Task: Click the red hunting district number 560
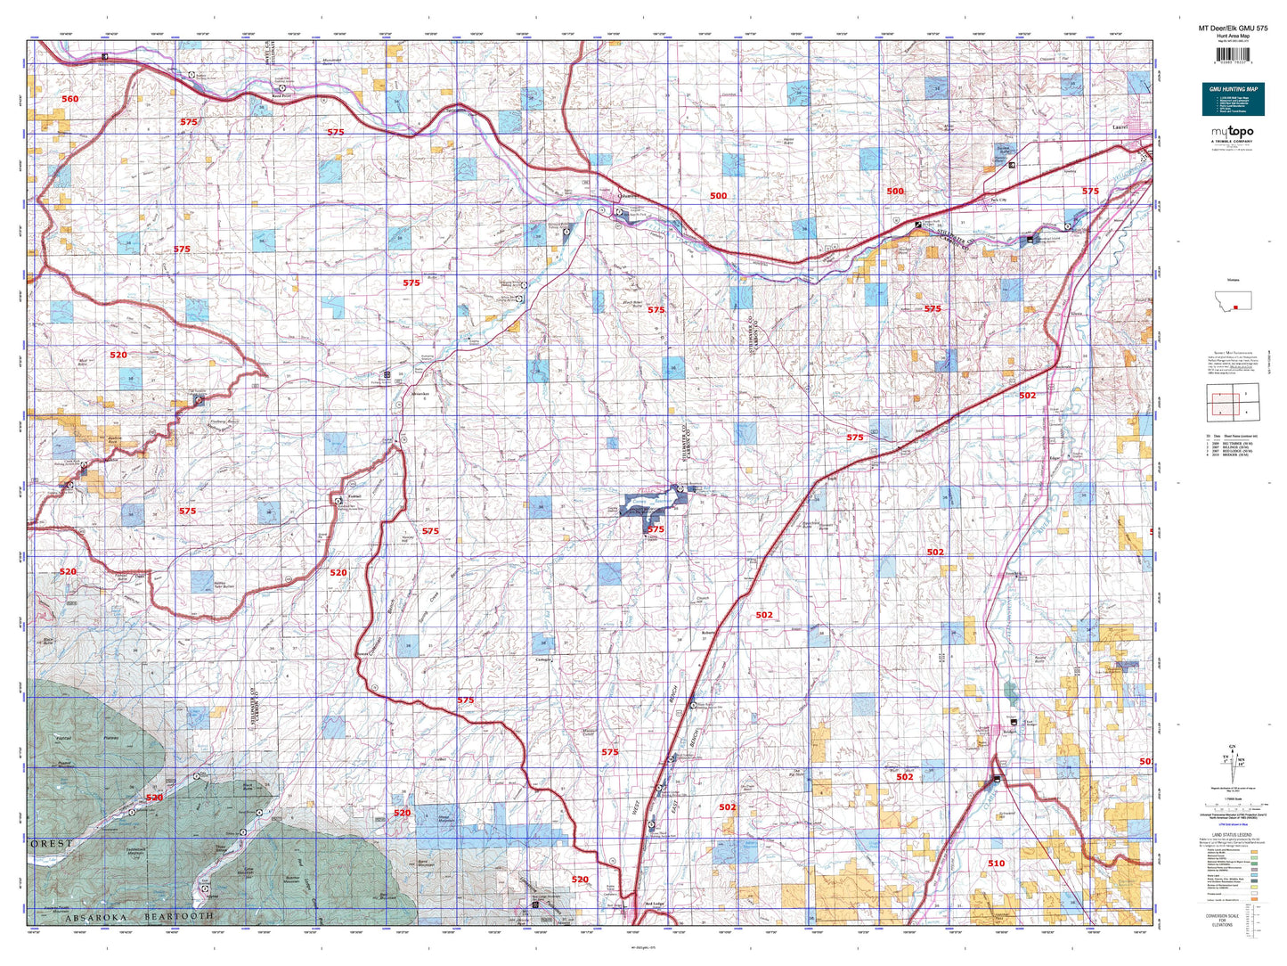69,99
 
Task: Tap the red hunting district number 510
996,863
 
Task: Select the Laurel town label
1120,127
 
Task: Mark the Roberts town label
709,633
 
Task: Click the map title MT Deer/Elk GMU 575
1233,29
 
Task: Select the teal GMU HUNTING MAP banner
1233,99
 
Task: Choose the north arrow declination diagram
1233,763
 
